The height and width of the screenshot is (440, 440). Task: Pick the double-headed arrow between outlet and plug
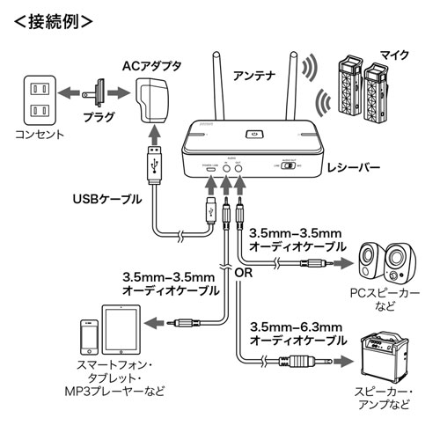point(72,91)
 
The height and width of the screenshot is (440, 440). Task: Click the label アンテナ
point(255,77)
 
